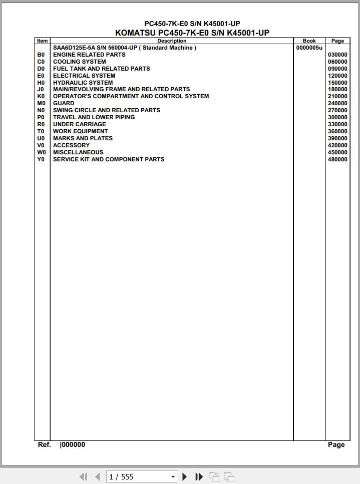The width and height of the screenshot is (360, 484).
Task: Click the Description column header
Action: pyautogui.click(x=172, y=41)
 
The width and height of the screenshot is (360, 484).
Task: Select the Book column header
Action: pyautogui.click(x=309, y=41)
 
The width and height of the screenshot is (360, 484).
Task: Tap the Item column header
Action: pyautogui.click(x=42, y=41)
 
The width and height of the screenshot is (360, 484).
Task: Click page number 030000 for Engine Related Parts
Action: pyautogui.click(x=337, y=55)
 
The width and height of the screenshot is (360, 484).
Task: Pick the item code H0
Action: pyautogui.click(x=41, y=83)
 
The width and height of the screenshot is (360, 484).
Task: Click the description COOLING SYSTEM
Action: pyautogui.click(x=80, y=62)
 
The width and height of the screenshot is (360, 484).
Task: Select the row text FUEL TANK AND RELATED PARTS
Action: pyautogui.click(x=102, y=69)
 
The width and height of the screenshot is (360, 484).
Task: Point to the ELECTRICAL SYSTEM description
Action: pyautogui.click(x=84, y=76)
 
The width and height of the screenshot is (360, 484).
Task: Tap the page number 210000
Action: pyautogui.click(x=337, y=96)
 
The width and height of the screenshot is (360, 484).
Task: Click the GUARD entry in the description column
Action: pyautogui.click(x=64, y=103)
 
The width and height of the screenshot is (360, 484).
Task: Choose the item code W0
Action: pyautogui.click(x=41, y=152)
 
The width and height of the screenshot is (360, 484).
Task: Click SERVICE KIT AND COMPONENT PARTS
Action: pyautogui.click(x=109, y=159)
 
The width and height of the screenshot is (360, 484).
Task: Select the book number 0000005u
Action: pyautogui.click(x=309, y=48)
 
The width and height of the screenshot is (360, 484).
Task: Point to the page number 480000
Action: pyautogui.click(x=337, y=159)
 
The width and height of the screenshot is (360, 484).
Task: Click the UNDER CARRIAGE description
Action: pyautogui.click(x=80, y=124)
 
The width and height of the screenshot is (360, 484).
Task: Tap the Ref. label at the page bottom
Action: pyautogui.click(x=45, y=444)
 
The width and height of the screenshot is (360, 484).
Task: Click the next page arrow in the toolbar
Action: pyautogui.click(x=185, y=477)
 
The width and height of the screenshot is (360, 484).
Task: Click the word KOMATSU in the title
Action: pyautogui.click(x=135, y=33)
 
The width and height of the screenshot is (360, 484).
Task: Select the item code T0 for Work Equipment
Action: pyautogui.click(x=41, y=131)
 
